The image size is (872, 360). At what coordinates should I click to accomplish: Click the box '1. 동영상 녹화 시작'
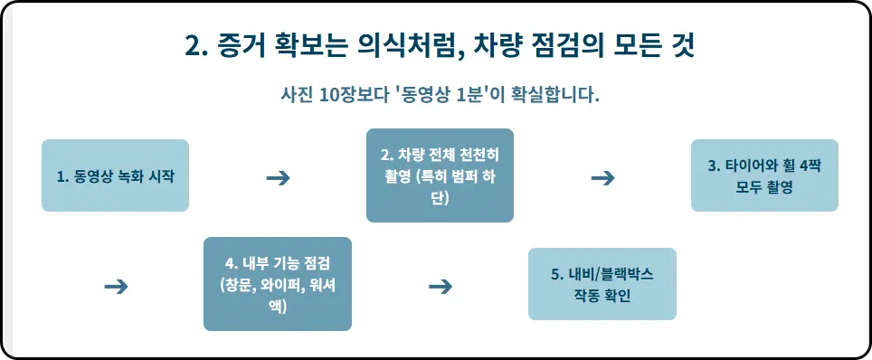[x=115, y=175]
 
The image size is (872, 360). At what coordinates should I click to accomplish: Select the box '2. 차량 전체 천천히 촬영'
[x=440, y=175]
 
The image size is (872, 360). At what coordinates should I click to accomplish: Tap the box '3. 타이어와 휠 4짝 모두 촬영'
[x=764, y=175]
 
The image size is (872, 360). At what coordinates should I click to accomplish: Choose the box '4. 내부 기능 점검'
[x=277, y=284]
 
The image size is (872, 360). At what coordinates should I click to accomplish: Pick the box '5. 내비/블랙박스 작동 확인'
[x=602, y=284]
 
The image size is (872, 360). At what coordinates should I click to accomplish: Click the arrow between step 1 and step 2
[x=278, y=177]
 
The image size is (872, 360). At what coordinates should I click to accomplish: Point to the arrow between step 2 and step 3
[x=602, y=177]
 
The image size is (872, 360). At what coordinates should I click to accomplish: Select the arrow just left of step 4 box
[x=116, y=287]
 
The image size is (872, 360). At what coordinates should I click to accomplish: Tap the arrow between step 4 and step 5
[x=440, y=287]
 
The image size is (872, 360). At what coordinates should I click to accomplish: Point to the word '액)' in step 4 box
[x=277, y=306]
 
